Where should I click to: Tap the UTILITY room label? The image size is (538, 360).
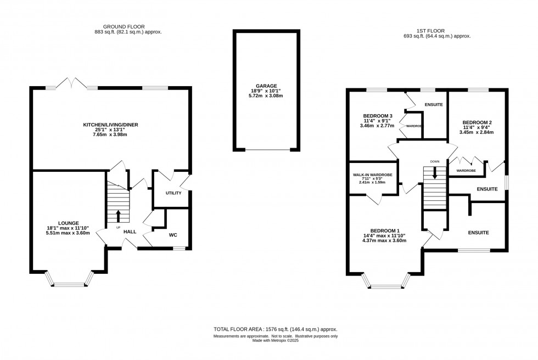(173, 193)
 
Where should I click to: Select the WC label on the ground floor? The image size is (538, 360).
(173, 235)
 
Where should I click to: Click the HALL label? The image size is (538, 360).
(130, 232)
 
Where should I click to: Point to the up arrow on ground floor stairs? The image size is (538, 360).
(118, 215)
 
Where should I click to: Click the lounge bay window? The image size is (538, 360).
(69, 284)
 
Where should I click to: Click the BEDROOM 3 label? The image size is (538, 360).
(378, 116)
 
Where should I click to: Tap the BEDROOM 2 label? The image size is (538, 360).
(477, 122)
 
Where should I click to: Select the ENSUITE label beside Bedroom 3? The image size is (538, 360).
(433, 104)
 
